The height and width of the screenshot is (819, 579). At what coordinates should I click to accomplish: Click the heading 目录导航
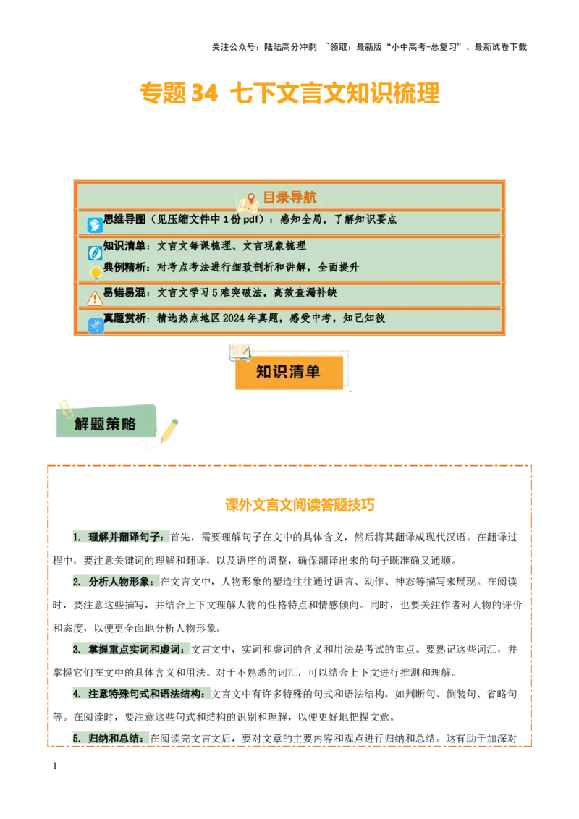point(289,198)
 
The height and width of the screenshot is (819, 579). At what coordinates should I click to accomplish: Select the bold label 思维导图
point(124,219)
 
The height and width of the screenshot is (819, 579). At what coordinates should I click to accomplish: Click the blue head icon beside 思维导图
point(95,225)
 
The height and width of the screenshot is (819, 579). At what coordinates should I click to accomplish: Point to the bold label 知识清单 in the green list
point(124,246)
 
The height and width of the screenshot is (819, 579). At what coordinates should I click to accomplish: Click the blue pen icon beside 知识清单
point(95,253)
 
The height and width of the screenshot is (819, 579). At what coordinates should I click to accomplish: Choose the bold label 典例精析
point(124,267)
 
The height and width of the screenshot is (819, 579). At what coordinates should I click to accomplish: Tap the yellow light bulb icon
point(95,273)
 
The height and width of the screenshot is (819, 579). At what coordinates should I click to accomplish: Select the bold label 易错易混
point(124,293)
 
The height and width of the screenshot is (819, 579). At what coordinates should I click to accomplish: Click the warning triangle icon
point(95,298)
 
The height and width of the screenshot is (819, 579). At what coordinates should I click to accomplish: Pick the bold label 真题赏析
point(124,318)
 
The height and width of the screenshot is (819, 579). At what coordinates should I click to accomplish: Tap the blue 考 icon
point(96,326)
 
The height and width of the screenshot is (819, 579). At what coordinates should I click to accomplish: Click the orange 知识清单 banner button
point(288,372)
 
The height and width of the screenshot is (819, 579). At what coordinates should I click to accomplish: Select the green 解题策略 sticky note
point(106,424)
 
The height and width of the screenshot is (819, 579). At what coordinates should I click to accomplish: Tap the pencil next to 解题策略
point(169,430)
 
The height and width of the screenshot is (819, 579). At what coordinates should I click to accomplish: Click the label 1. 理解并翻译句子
point(122,537)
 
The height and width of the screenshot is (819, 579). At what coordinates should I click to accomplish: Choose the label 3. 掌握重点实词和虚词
point(130,649)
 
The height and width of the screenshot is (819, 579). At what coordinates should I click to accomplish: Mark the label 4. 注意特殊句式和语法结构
point(142,693)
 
